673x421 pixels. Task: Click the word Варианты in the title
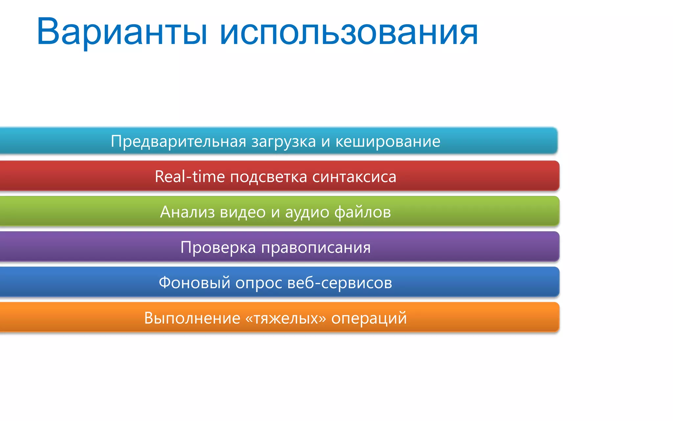tap(122, 32)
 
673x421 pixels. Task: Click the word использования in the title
tap(348, 32)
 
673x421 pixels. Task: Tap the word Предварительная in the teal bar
tap(178, 141)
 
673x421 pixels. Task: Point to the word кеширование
tap(388, 141)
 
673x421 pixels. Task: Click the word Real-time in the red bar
tap(190, 177)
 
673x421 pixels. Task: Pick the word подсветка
tap(268, 177)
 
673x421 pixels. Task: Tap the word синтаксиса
tap(354, 177)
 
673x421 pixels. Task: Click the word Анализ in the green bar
tap(187, 212)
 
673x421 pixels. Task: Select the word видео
tap(243, 212)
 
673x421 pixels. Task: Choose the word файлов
tap(363, 212)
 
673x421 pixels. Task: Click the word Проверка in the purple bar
tap(218, 248)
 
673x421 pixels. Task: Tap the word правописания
tap(316, 248)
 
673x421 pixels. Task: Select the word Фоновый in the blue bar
tap(195, 283)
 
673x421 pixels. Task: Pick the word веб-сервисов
tap(339, 283)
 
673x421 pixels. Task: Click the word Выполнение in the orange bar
tap(192, 318)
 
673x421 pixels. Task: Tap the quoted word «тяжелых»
tap(286, 318)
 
